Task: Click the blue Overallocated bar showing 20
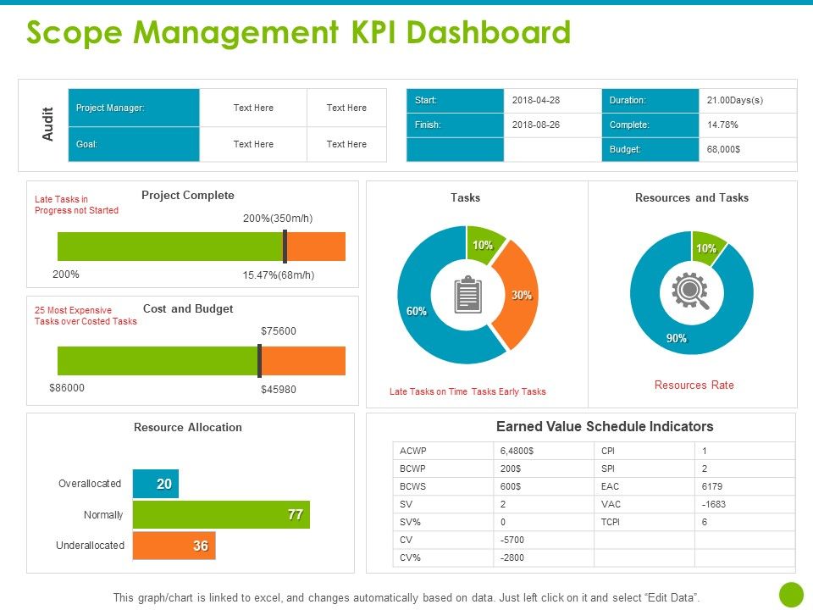[156, 484]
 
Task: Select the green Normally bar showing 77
[221, 514]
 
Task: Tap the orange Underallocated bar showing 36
[174, 546]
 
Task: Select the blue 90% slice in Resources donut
[677, 330]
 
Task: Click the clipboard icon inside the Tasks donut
[467, 295]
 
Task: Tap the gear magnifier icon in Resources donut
[690, 291]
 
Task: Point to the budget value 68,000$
[723, 149]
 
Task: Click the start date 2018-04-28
[536, 100]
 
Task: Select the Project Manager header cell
[134, 108]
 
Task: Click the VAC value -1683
[714, 504]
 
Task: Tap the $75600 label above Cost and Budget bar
[278, 330]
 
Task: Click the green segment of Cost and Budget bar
[158, 361]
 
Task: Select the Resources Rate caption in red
[694, 385]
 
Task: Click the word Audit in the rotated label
[48, 125]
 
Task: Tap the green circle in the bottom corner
[790, 594]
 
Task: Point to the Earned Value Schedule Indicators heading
[605, 427]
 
